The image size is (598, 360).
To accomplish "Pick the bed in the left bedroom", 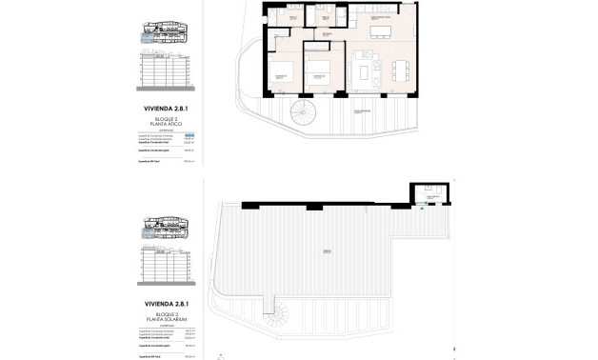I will (x=283, y=72).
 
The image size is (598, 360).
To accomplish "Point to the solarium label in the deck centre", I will (x=327, y=251).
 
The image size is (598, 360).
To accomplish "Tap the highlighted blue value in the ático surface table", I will (x=188, y=136).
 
